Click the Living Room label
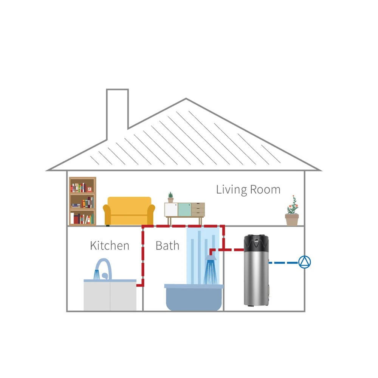(x=248, y=189)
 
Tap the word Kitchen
(x=110, y=246)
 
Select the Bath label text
(x=167, y=246)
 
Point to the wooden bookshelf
(x=82, y=201)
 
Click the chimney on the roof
(x=117, y=110)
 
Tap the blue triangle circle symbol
(x=304, y=262)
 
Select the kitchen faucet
(x=105, y=266)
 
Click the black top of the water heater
(x=256, y=244)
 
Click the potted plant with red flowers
(x=292, y=212)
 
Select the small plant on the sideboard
(x=170, y=197)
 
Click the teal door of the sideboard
(x=184, y=209)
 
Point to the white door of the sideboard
(x=171, y=209)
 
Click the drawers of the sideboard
(x=198, y=209)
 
